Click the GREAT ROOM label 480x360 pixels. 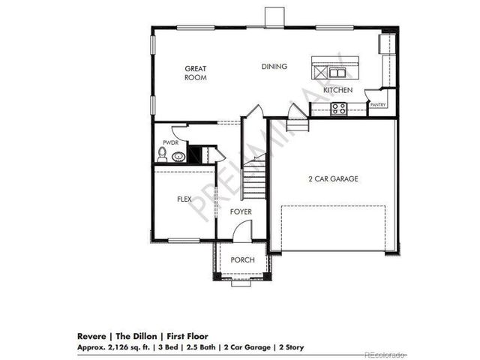click(x=196, y=73)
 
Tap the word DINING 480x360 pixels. click(x=274, y=67)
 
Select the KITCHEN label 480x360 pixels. click(x=337, y=91)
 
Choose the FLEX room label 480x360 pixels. click(x=184, y=199)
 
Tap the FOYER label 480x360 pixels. click(x=241, y=212)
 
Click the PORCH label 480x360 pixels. click(x=243, y=260)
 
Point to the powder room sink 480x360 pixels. click(x=178, y=157)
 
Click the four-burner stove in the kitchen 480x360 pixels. click(x=339, y=108)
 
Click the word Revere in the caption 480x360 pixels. click(x=91, y=337)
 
